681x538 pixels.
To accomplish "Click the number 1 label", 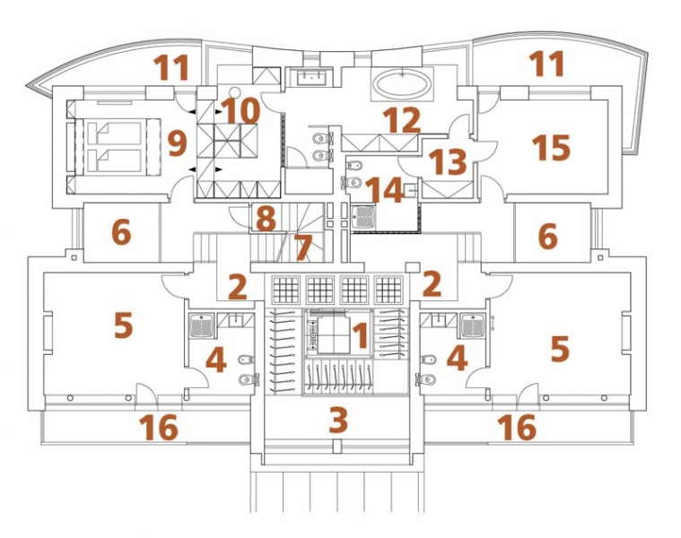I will tap(360, 337).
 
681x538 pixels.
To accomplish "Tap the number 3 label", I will tap(338, 419).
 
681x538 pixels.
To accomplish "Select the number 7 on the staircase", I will tap(302, 245).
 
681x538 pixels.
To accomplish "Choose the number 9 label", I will tap(176, 141).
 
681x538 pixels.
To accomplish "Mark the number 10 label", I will tap(242, 111).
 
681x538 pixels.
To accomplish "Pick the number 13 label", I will tap(448, 163).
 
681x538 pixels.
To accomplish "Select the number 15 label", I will tap(551, 147).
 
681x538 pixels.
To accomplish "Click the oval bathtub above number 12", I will tap(401, 84).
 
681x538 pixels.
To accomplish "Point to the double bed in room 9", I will tap(109, 147).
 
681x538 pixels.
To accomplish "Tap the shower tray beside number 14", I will tap(362, 216).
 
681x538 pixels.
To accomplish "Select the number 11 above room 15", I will tap(546, 64).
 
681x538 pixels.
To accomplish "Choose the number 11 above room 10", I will tap(170, 67).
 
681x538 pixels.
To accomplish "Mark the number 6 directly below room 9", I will tap(121, 233).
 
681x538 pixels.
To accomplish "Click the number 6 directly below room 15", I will tap(546, 238).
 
